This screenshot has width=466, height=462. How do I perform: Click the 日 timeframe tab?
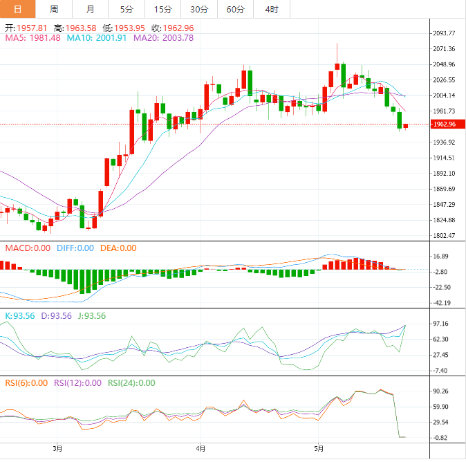click(17, 9)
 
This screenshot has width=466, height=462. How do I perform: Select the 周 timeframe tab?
click(54, 9)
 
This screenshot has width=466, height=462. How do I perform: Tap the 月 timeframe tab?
click(91, 9)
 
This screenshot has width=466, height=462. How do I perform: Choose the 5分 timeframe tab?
click(127, 9)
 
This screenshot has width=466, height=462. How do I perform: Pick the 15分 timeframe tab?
click(162, 9)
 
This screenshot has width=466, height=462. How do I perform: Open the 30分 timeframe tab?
click(199, 9)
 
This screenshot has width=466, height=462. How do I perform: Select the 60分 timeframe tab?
click(236, 9)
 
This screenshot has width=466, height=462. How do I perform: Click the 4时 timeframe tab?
click(272, 9)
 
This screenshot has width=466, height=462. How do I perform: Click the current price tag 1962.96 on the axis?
click(442, 124)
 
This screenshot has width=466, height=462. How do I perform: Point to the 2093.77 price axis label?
click(442, 33)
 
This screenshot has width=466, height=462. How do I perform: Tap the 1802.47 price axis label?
click(442, 236)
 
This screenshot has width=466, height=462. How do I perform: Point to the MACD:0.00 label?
click(28, 248)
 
